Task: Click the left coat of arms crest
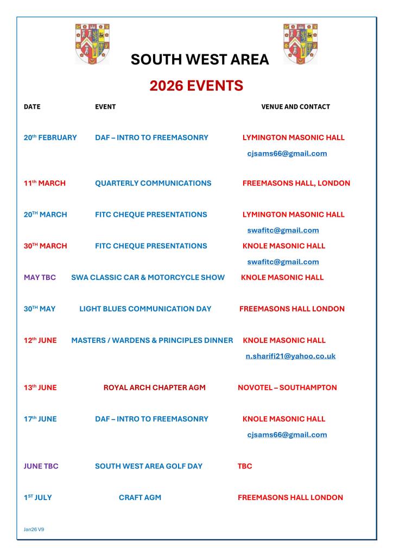click(x=92, y=43)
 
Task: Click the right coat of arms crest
click(x=300, y=43)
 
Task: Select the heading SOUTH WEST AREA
click(x=200, y=60)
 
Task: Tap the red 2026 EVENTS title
click(x=196, y=85)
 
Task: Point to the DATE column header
click(x=32, y=107)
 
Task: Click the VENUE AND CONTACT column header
click(x=295, y=107)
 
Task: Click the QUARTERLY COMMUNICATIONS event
click(x=153, y=183)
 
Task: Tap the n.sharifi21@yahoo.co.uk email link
click(x=290, y=356)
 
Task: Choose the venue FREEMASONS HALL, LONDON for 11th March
click(x=296, y=183)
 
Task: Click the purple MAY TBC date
click(x=40, y=277)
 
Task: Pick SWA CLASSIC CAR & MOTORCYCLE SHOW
click(x=148, y=277)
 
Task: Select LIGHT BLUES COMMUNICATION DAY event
click(x=145, y=309)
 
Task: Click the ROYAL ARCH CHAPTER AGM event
click(x=154, y=388)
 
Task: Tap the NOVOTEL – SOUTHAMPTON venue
click(x=287, y=388)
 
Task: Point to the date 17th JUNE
click(x=40, y=419)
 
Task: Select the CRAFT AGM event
click(x=140, y=497)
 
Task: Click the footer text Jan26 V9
click(x=34, y=528)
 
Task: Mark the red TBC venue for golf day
click(x=245, y=466)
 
